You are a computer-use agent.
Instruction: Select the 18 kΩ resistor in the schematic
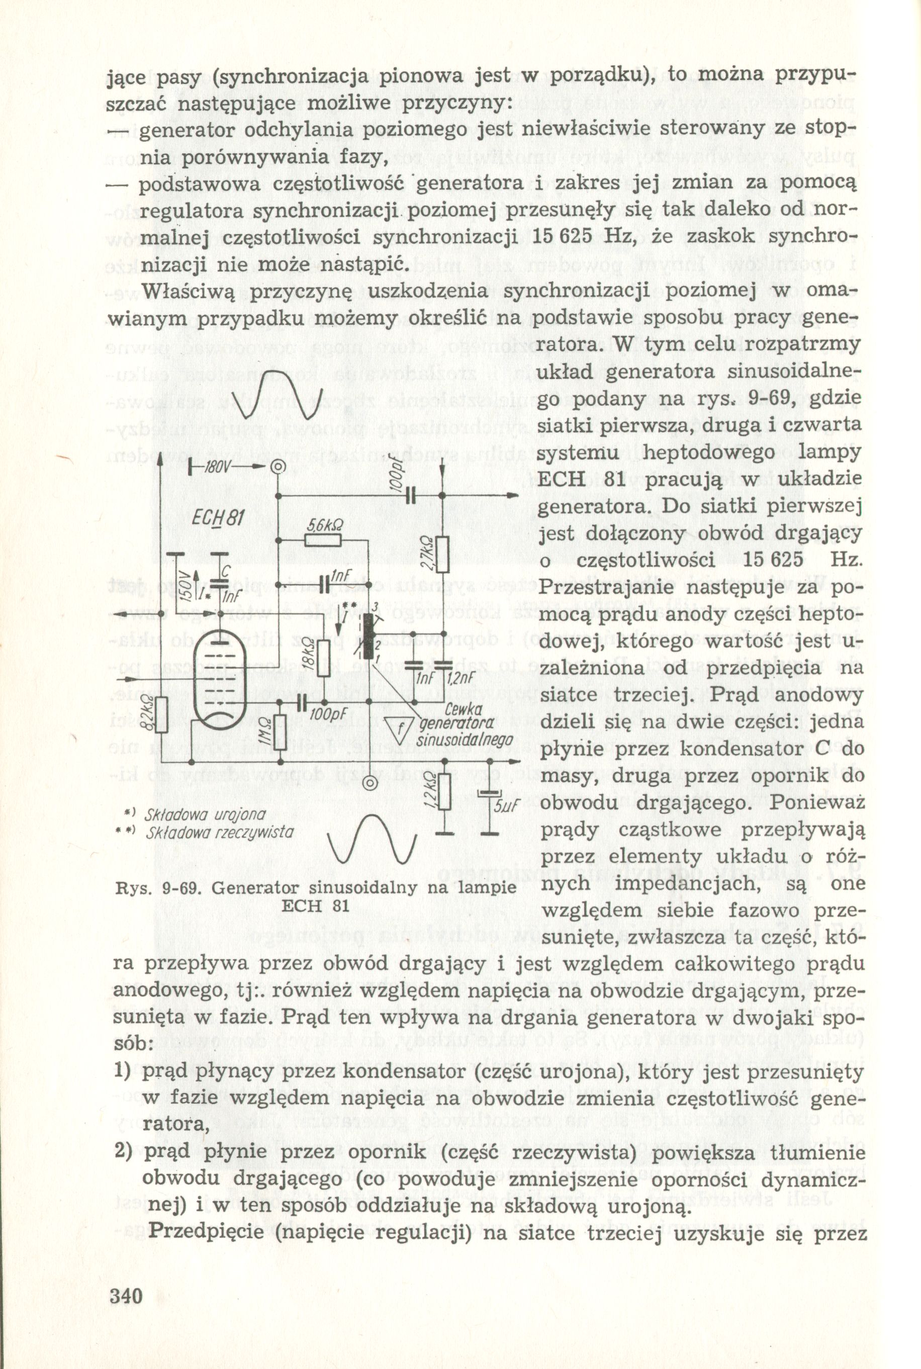tap(322, 659)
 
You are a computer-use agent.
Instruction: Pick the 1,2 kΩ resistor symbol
tap(444, 791)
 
